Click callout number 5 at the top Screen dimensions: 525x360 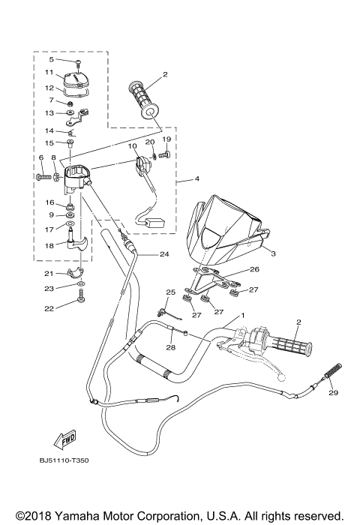point(51,59)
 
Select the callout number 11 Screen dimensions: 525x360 point(49,73)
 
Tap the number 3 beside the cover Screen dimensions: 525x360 point(273,254)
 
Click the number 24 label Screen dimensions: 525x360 point(163,254)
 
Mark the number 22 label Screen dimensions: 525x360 point(49,308)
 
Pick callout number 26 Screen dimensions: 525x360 point(254,269)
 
